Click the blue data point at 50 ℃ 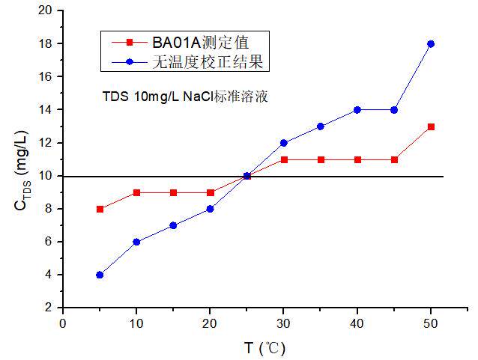431,43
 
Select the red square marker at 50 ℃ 431,126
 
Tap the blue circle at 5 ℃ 100,275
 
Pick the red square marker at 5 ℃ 100,209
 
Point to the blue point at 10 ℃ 136,242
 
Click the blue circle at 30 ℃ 284,143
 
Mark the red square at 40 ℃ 357,159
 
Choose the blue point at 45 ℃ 394,110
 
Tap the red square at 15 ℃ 173,192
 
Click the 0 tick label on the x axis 63,323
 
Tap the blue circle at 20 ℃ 210,209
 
